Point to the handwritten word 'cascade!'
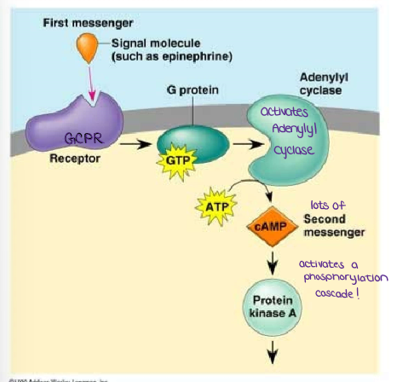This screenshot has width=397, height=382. coord(341,292)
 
